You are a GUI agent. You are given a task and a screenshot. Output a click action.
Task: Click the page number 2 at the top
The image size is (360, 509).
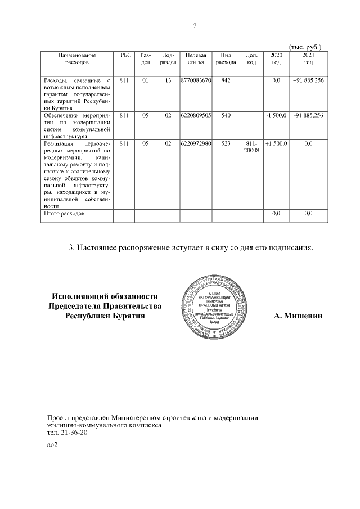pyautogui.click(x=195, y=26)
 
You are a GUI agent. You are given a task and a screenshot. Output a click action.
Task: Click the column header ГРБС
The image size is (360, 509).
pyautogui.click(x=124, y=55)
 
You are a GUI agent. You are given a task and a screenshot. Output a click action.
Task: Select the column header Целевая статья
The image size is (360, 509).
pyautogui.click(x=196, y=58)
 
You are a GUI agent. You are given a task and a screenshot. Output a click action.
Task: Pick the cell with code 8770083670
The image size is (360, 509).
pyautogui.click(x=196, y=81)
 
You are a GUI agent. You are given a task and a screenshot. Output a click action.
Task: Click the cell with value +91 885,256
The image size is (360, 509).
pyautogui.click(x=308, y=81)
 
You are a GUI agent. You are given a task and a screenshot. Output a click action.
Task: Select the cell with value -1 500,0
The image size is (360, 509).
pyautogui.click(x=276, y=115)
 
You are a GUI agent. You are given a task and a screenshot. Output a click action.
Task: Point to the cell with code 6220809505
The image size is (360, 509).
pyautogui.click(x=196, y=115)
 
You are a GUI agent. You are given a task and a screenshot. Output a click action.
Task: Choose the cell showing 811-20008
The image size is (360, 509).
pyautogui.click(x=252, y=147)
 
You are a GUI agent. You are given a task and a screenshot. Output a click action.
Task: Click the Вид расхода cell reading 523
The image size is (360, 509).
pyautogui.click(x=226, y=144)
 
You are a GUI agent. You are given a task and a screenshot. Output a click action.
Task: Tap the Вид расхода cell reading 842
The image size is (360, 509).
pyautogui.click(x=226, y=81)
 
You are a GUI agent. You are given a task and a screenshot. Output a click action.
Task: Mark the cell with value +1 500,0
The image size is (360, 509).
pyautogui.click(x=276, y=144)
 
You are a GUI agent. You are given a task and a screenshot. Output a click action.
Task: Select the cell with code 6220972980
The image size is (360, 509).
pyautogui.click(x=196, y=144)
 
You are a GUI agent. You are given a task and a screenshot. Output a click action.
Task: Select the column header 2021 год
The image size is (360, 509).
pyautogui.click(x=308, y=58)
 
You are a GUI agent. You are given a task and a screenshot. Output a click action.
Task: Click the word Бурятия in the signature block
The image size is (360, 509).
pyautogui.click(x=126, y=316)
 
